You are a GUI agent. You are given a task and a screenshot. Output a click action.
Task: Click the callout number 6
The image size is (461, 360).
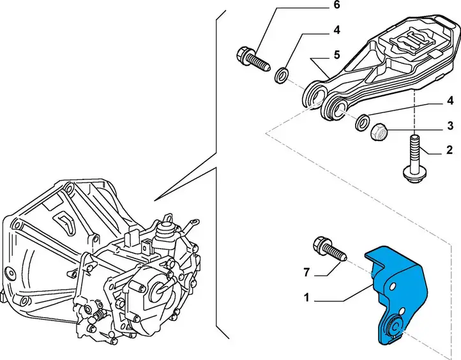click(x=337, y=5)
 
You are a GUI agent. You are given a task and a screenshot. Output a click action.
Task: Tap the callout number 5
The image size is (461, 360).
click(x=337, y=55)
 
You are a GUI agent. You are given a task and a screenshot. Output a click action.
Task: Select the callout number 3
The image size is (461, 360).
click(x=450, y=126)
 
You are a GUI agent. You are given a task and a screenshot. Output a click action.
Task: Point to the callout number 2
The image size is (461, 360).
click(x=450, y=150)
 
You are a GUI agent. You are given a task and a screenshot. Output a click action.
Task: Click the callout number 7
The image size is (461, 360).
click(x=306, y=273)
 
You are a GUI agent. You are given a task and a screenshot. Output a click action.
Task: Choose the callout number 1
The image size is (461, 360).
click(x=306, y=298)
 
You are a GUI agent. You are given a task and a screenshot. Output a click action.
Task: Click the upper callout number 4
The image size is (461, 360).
click(x=336, y=30)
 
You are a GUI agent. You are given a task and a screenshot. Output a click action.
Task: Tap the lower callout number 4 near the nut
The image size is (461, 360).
click(x=450, y=101)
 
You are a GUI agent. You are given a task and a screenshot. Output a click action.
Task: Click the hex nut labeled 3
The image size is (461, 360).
click(x=379, y=132)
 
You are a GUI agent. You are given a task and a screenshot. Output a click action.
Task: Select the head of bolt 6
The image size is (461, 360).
click(x=243, y=54)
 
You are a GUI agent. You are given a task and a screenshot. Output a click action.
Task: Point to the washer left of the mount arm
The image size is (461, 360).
click(x=282, y=75)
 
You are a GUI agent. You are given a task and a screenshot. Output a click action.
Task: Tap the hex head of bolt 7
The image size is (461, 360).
click(x=319, y=243)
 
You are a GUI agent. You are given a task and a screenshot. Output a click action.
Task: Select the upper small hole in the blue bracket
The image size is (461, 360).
click(x=392, y=286)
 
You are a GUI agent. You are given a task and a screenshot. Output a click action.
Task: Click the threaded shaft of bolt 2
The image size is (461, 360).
click(x=414, y=153)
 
